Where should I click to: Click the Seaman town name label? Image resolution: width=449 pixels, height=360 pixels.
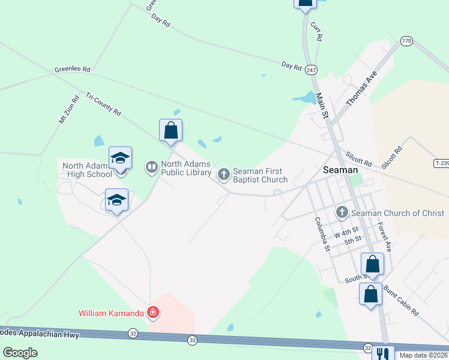340,170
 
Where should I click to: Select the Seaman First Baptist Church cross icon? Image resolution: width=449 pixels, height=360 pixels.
223,175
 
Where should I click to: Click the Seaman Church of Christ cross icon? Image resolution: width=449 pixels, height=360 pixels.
342,212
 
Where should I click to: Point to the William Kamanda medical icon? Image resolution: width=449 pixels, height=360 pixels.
154,313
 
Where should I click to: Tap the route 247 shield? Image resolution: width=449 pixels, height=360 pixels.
310,70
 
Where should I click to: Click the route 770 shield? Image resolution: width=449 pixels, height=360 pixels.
407,41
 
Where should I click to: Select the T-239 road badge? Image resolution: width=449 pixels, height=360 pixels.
441,163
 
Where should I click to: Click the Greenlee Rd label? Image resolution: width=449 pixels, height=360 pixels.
72,70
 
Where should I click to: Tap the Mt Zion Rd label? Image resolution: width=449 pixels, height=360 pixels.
68,110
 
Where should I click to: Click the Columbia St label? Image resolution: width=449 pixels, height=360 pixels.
323,234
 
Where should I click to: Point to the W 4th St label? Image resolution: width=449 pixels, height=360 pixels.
346,231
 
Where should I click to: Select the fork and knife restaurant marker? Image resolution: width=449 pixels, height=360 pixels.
382,354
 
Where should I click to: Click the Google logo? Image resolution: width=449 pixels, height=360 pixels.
20,353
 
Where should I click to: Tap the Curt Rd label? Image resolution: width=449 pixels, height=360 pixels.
316,32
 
